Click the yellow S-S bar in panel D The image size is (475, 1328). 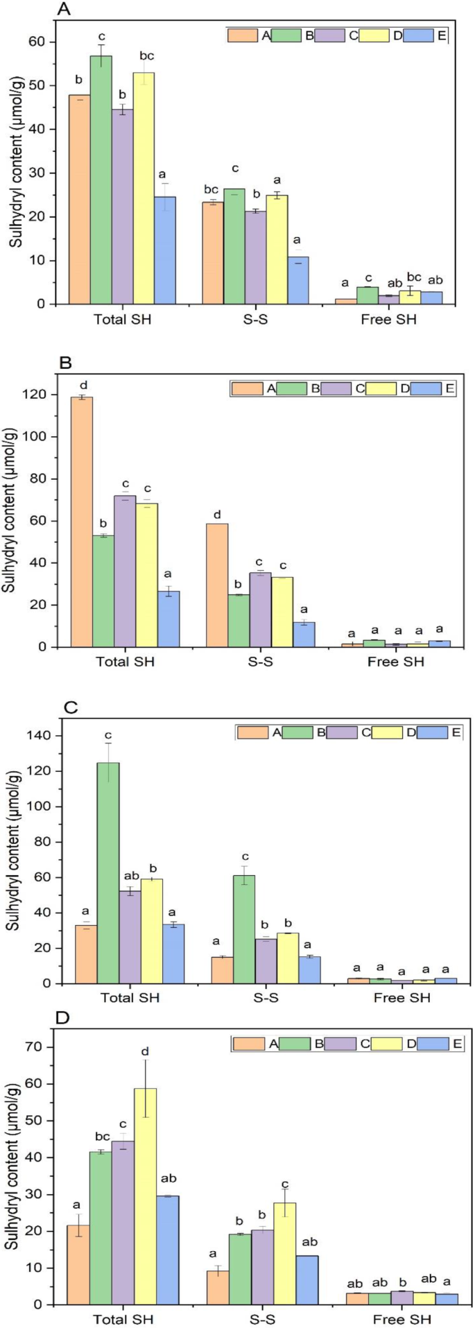point(284,1241)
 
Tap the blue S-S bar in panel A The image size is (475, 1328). point(299,280)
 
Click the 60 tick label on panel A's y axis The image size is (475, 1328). point(44,42)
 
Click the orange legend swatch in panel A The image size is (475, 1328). point(243,36)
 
